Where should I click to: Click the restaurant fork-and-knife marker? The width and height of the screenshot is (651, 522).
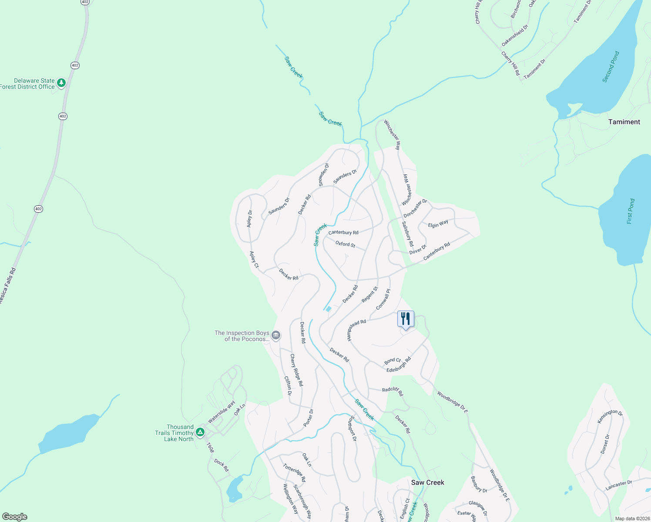[x=406, y=319]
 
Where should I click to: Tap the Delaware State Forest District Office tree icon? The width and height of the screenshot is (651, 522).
[x=61, y=83]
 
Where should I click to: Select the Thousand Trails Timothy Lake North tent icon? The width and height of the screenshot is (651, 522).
[x=200, y=432]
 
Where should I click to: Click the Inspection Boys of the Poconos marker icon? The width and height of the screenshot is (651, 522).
[x=275, y=335]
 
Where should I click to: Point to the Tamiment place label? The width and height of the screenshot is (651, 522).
[x=624, y=122]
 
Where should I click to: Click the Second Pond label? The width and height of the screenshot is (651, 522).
[x=611, y=67]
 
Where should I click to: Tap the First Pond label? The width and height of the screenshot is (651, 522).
[x=631, y=211]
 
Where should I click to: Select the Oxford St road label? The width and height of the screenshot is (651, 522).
[x=345, y=244]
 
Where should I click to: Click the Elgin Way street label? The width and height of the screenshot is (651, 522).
[x=438, y=224]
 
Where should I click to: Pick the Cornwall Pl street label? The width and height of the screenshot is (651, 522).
[x=383, y=299]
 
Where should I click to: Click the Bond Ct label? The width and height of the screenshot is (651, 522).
[x=392, y=361]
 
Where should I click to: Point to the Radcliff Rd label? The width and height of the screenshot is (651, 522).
[x=393, y=391]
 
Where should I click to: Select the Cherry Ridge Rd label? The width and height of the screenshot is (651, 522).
[x=296, y=370]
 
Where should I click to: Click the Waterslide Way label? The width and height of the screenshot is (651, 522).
[x=221, y=412]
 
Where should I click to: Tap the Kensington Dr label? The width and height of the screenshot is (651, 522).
[x=610, y=416]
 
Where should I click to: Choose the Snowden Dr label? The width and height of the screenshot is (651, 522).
[x=324, y=175]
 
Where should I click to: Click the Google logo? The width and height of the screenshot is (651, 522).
[x=15, y=517]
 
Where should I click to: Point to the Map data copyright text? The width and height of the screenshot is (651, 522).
[x=632, y=519]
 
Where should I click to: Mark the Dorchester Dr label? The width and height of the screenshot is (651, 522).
[x=415, y=208]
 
